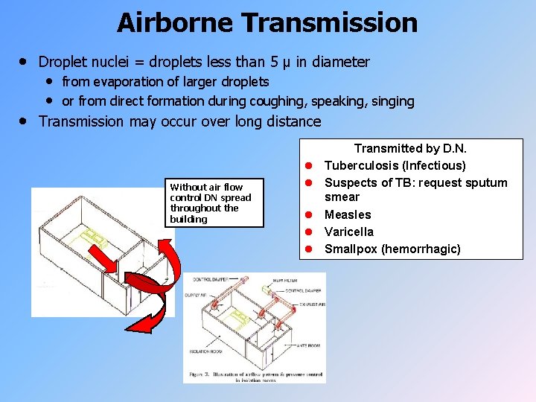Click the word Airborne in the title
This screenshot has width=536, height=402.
coord(174,22)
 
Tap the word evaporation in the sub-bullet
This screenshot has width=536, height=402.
coord(126,81)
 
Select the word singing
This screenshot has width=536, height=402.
coord(391,100)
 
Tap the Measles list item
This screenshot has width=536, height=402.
coord(348,215)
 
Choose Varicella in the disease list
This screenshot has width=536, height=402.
coord(349,232)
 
